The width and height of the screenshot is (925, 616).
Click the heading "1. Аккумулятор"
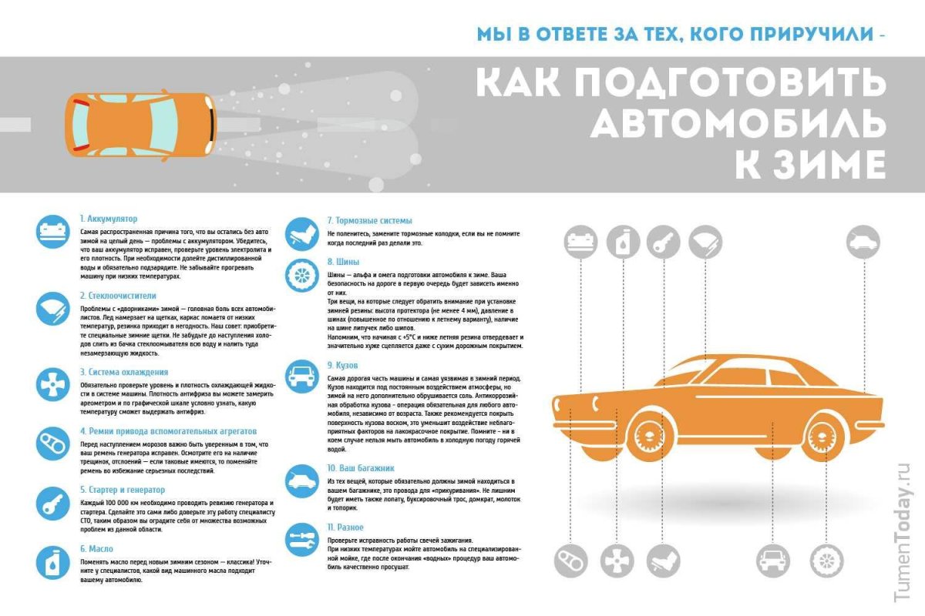pyautogui.click(x=109, y=219)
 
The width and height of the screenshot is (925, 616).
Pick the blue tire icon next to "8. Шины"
pyautogui.click(x=301, y=275)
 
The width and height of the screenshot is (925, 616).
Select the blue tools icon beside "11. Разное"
pyautogui.click(x=301, y=539)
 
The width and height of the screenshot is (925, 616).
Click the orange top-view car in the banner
pyautogui.click(x=140, y=125)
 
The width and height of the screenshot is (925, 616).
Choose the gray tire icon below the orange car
pyautogui.click(x=828, y=560)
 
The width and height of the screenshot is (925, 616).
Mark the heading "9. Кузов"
pyautogui.click(x=342, y=365)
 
